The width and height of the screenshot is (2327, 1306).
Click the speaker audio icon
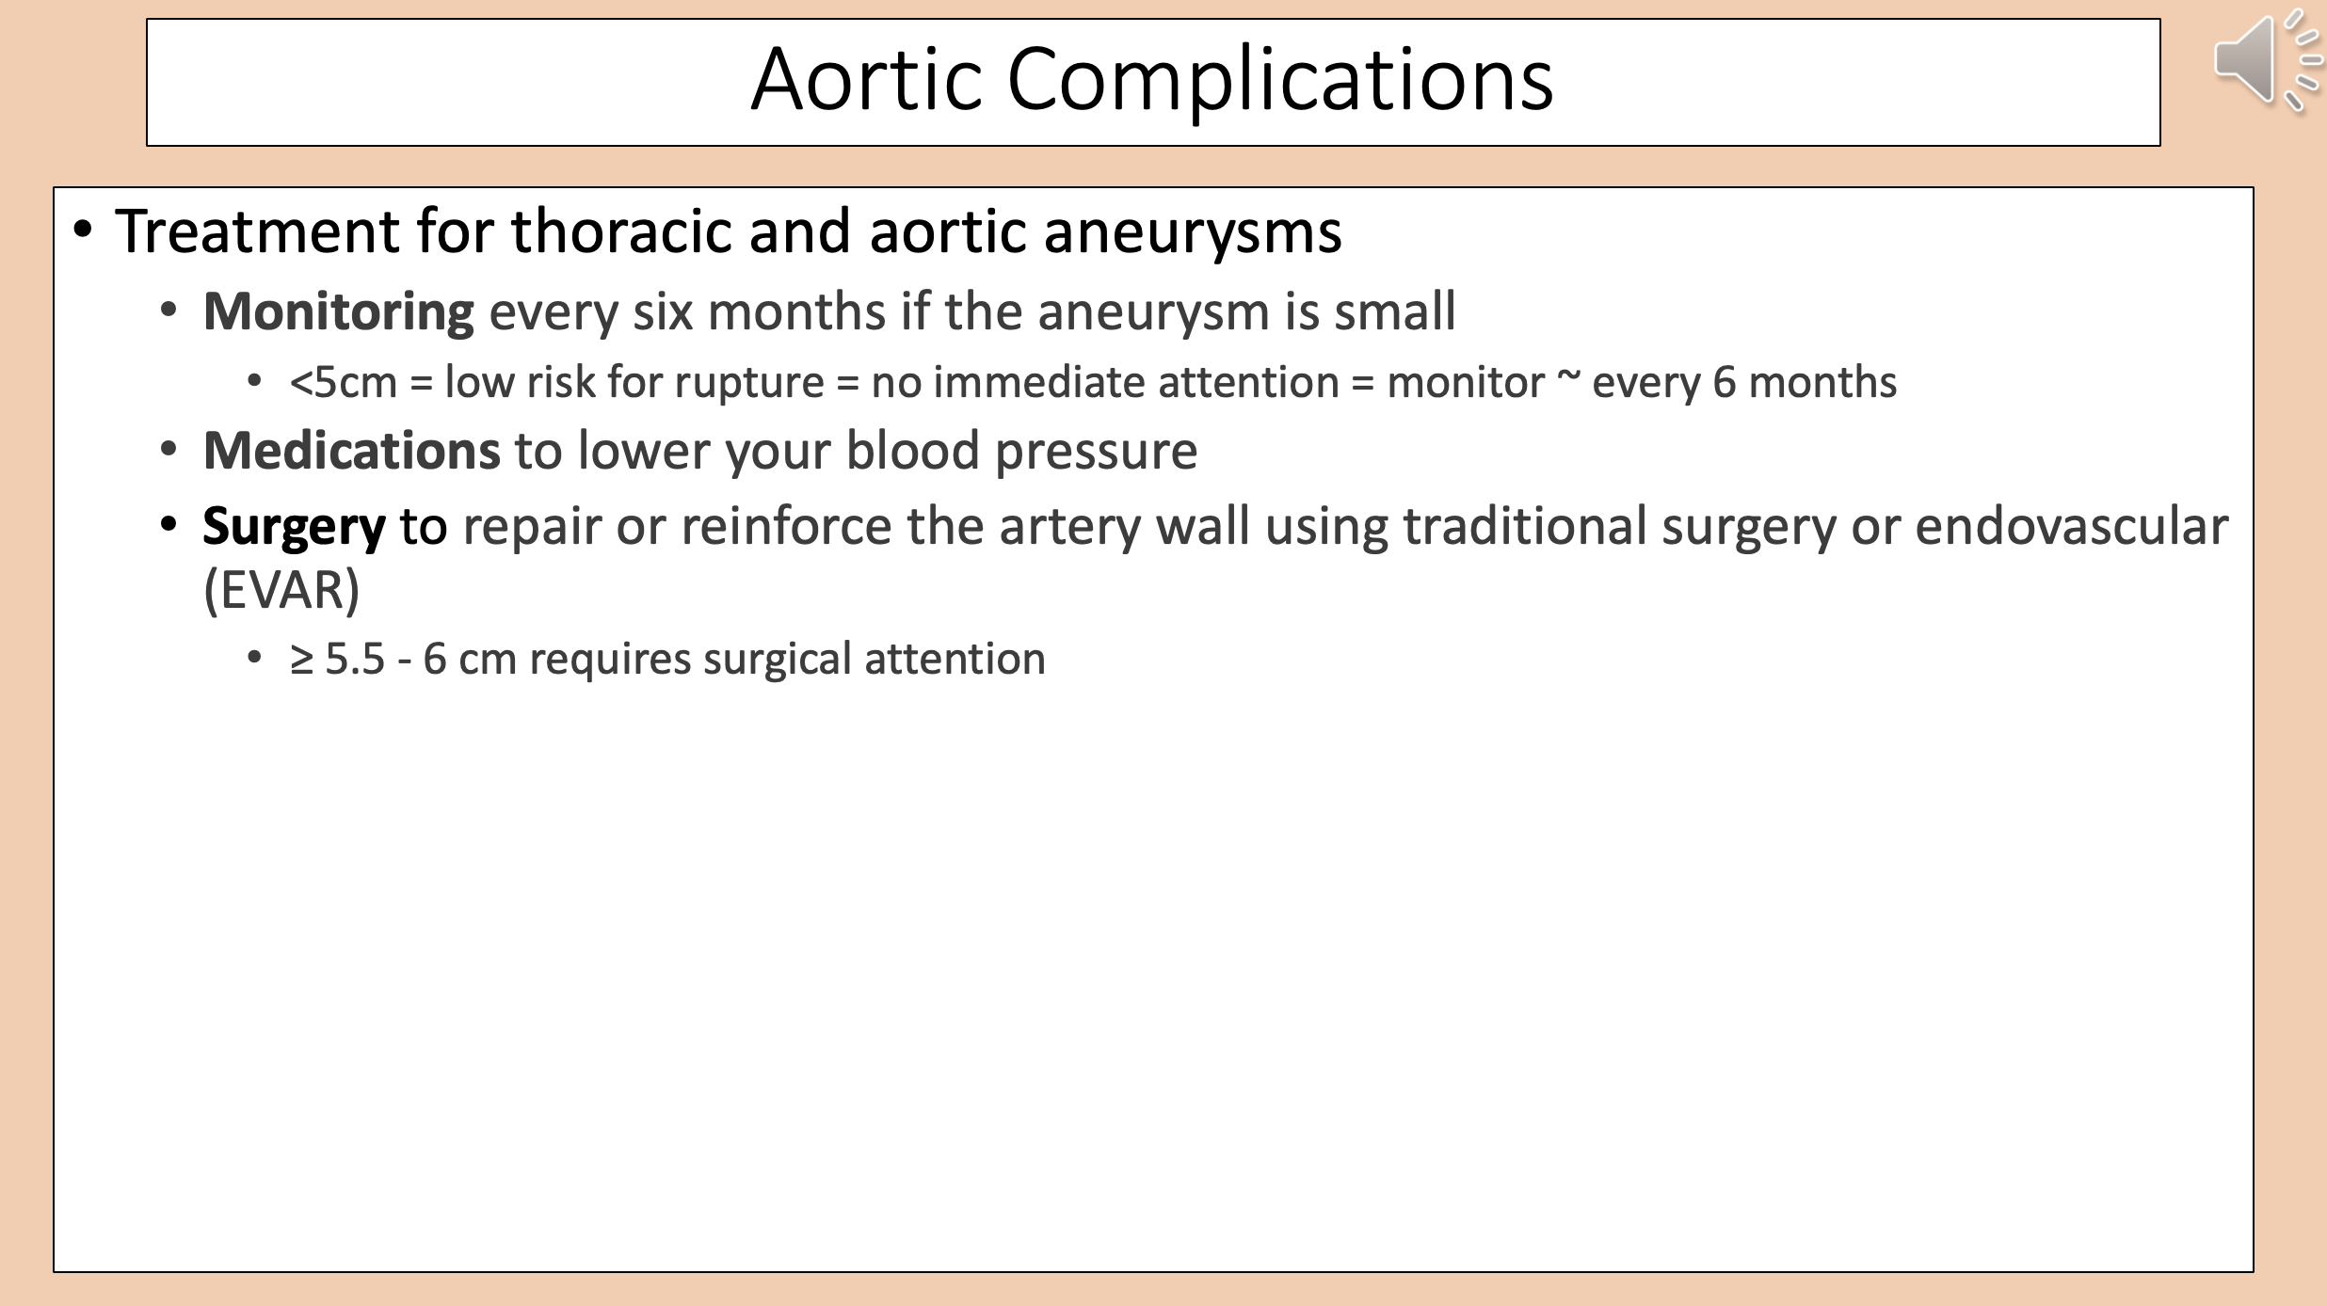click(x=2267, y=61)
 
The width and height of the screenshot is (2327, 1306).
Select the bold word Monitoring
click(x=339, y=312)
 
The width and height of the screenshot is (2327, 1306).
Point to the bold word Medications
click(x=351, y=450)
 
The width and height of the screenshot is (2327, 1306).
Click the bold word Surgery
click(x=294, y=528)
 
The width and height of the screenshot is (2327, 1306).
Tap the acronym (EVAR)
click(x=282, y=591)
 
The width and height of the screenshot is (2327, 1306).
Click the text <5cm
click(x=344, y=383)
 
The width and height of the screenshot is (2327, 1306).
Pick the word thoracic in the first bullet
click(x=621, y=231)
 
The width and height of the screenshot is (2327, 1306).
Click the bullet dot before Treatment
click(x=83, y=231)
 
